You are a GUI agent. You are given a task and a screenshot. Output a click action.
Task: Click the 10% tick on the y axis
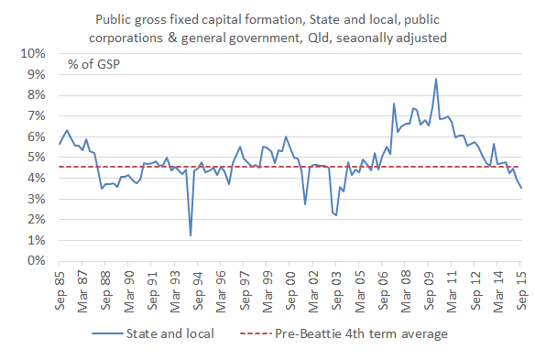point(32,53)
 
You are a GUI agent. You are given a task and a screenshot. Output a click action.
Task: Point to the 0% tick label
point(35,260)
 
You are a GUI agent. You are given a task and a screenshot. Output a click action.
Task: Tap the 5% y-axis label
point(35,157)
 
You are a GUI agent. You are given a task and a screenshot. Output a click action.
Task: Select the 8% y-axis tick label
point(35,94)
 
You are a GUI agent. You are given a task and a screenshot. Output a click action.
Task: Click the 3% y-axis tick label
point(35,198)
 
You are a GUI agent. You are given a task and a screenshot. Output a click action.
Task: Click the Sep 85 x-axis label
point(60,286)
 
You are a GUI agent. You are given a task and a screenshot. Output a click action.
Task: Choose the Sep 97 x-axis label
point(246,286)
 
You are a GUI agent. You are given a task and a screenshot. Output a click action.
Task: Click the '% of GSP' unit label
point(93,65)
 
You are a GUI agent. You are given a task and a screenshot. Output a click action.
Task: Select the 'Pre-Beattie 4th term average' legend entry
point(361,333)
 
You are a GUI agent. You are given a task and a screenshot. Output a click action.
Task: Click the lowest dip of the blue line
point(191,235)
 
